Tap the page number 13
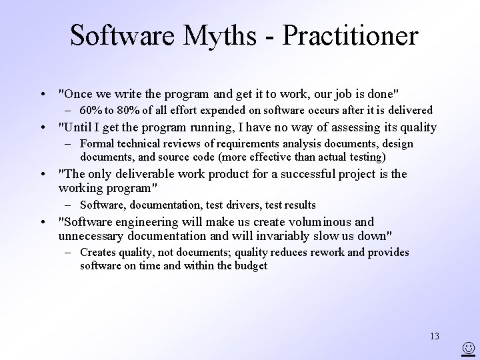[435, 336]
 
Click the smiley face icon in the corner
[470, 348]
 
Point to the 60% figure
[90, 110]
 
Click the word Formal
[96, 144]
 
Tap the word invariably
[281, 235]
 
